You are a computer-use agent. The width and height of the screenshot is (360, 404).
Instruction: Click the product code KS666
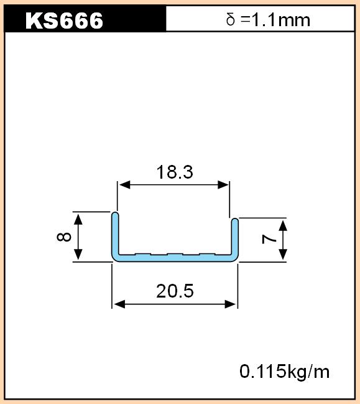pyautogui.click(x=64, y=21)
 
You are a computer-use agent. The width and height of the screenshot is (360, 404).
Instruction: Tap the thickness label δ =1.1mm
pyautogui.click(x=268, y=20)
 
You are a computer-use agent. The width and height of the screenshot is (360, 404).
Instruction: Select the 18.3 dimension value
pyautogui.click(x=175, y=172)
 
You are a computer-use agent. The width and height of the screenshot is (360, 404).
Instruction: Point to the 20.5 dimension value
pyautogui.click(x=175, y=291)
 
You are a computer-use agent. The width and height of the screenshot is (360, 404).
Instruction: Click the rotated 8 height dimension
pyautogui.click(x=64, y=237)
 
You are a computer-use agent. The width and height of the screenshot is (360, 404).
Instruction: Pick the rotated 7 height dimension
pyautogui.click(x=269, y=240)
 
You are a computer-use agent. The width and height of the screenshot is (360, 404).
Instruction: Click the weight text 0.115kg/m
pyautogui.click(x=284, y=372)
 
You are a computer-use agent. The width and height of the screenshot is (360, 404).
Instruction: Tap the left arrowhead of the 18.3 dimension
pyautogui.click(x=124, y=185)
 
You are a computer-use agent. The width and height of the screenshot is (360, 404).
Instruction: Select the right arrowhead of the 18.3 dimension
pyautogui.click(x=223, y=185)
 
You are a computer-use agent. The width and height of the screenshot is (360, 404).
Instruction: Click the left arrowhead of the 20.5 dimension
pyautogui.click(x=119, y=304)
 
